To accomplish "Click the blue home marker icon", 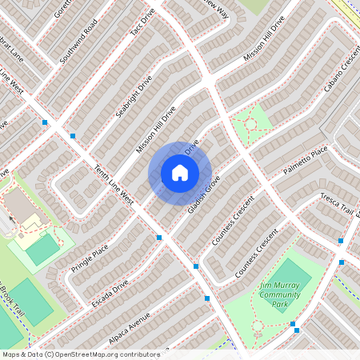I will (x=180, y=173).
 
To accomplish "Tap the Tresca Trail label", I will (x=337, y=205).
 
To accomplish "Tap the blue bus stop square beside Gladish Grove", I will (x=197, y=266).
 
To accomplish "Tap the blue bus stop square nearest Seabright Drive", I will (x=73, y=136).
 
